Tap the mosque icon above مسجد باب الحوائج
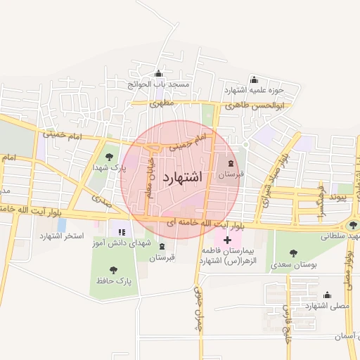pyautogui.click(x=158, y=74)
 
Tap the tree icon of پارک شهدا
pyautogui.click(x=108, y=157)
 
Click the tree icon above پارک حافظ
pyautogui.click(x=114, y=269)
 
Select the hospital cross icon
pyautogui.click(x=227, y=240)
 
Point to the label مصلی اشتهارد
pyautogui.click(x=326, y=307)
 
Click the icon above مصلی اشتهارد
pyautogui.click(x=326, y=295)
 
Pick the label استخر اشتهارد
pyautogui.click(x=63, y=235)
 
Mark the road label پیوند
pyautogui.click(x=340, y=199)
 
